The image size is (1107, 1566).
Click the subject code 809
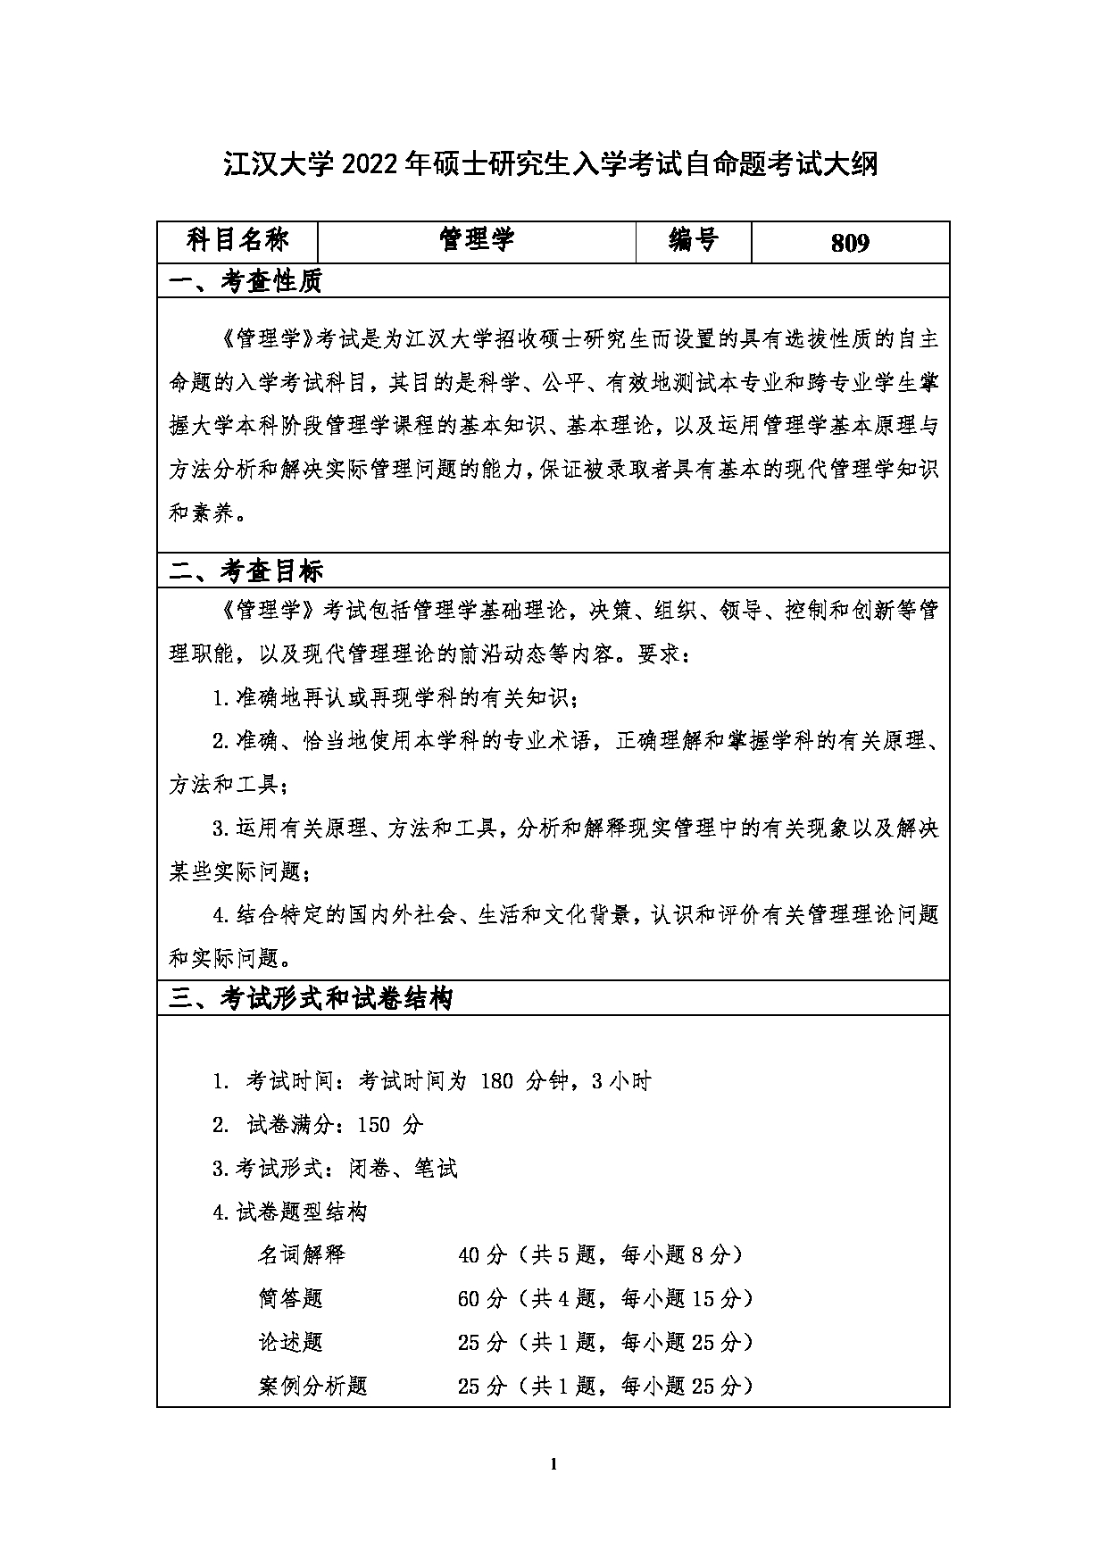(x=849, y=243)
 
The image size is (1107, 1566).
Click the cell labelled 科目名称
(x=237, y=240)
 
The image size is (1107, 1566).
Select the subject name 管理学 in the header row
(x=477, y=240)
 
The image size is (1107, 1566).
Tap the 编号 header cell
(x=693, y=240)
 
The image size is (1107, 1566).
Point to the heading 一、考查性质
(x=246, y=282)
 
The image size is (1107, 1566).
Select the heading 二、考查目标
(x=246, y=571)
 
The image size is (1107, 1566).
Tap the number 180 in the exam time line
(x=496, y=1081)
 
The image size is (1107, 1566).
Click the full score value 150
(x=373, y=1125)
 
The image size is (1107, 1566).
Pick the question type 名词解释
(x=301, y=1255)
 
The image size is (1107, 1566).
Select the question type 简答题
(x=290, y=1299)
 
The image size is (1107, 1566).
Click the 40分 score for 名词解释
(x=482, y=1255)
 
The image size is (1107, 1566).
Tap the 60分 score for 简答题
(x=482, y=1299)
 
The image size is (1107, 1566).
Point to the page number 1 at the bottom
(x=554, y=1463)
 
